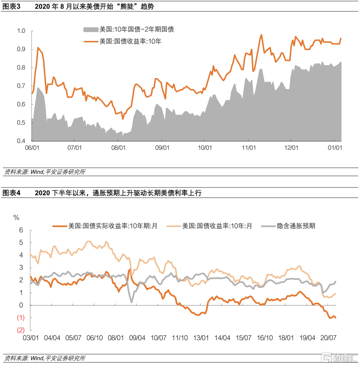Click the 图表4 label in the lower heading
[12, 193]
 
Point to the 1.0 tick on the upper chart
[22, 31]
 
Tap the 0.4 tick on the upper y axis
[22, 141]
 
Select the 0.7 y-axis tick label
[22, 86]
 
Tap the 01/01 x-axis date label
[335, 147]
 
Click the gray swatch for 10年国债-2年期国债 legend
[90, 29]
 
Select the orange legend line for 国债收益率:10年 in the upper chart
[90, 41]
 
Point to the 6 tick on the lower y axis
[20, 230]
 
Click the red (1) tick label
[20, 318]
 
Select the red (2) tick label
[20, 330]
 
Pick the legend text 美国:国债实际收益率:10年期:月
[113, 226]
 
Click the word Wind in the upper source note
[35, 172]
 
